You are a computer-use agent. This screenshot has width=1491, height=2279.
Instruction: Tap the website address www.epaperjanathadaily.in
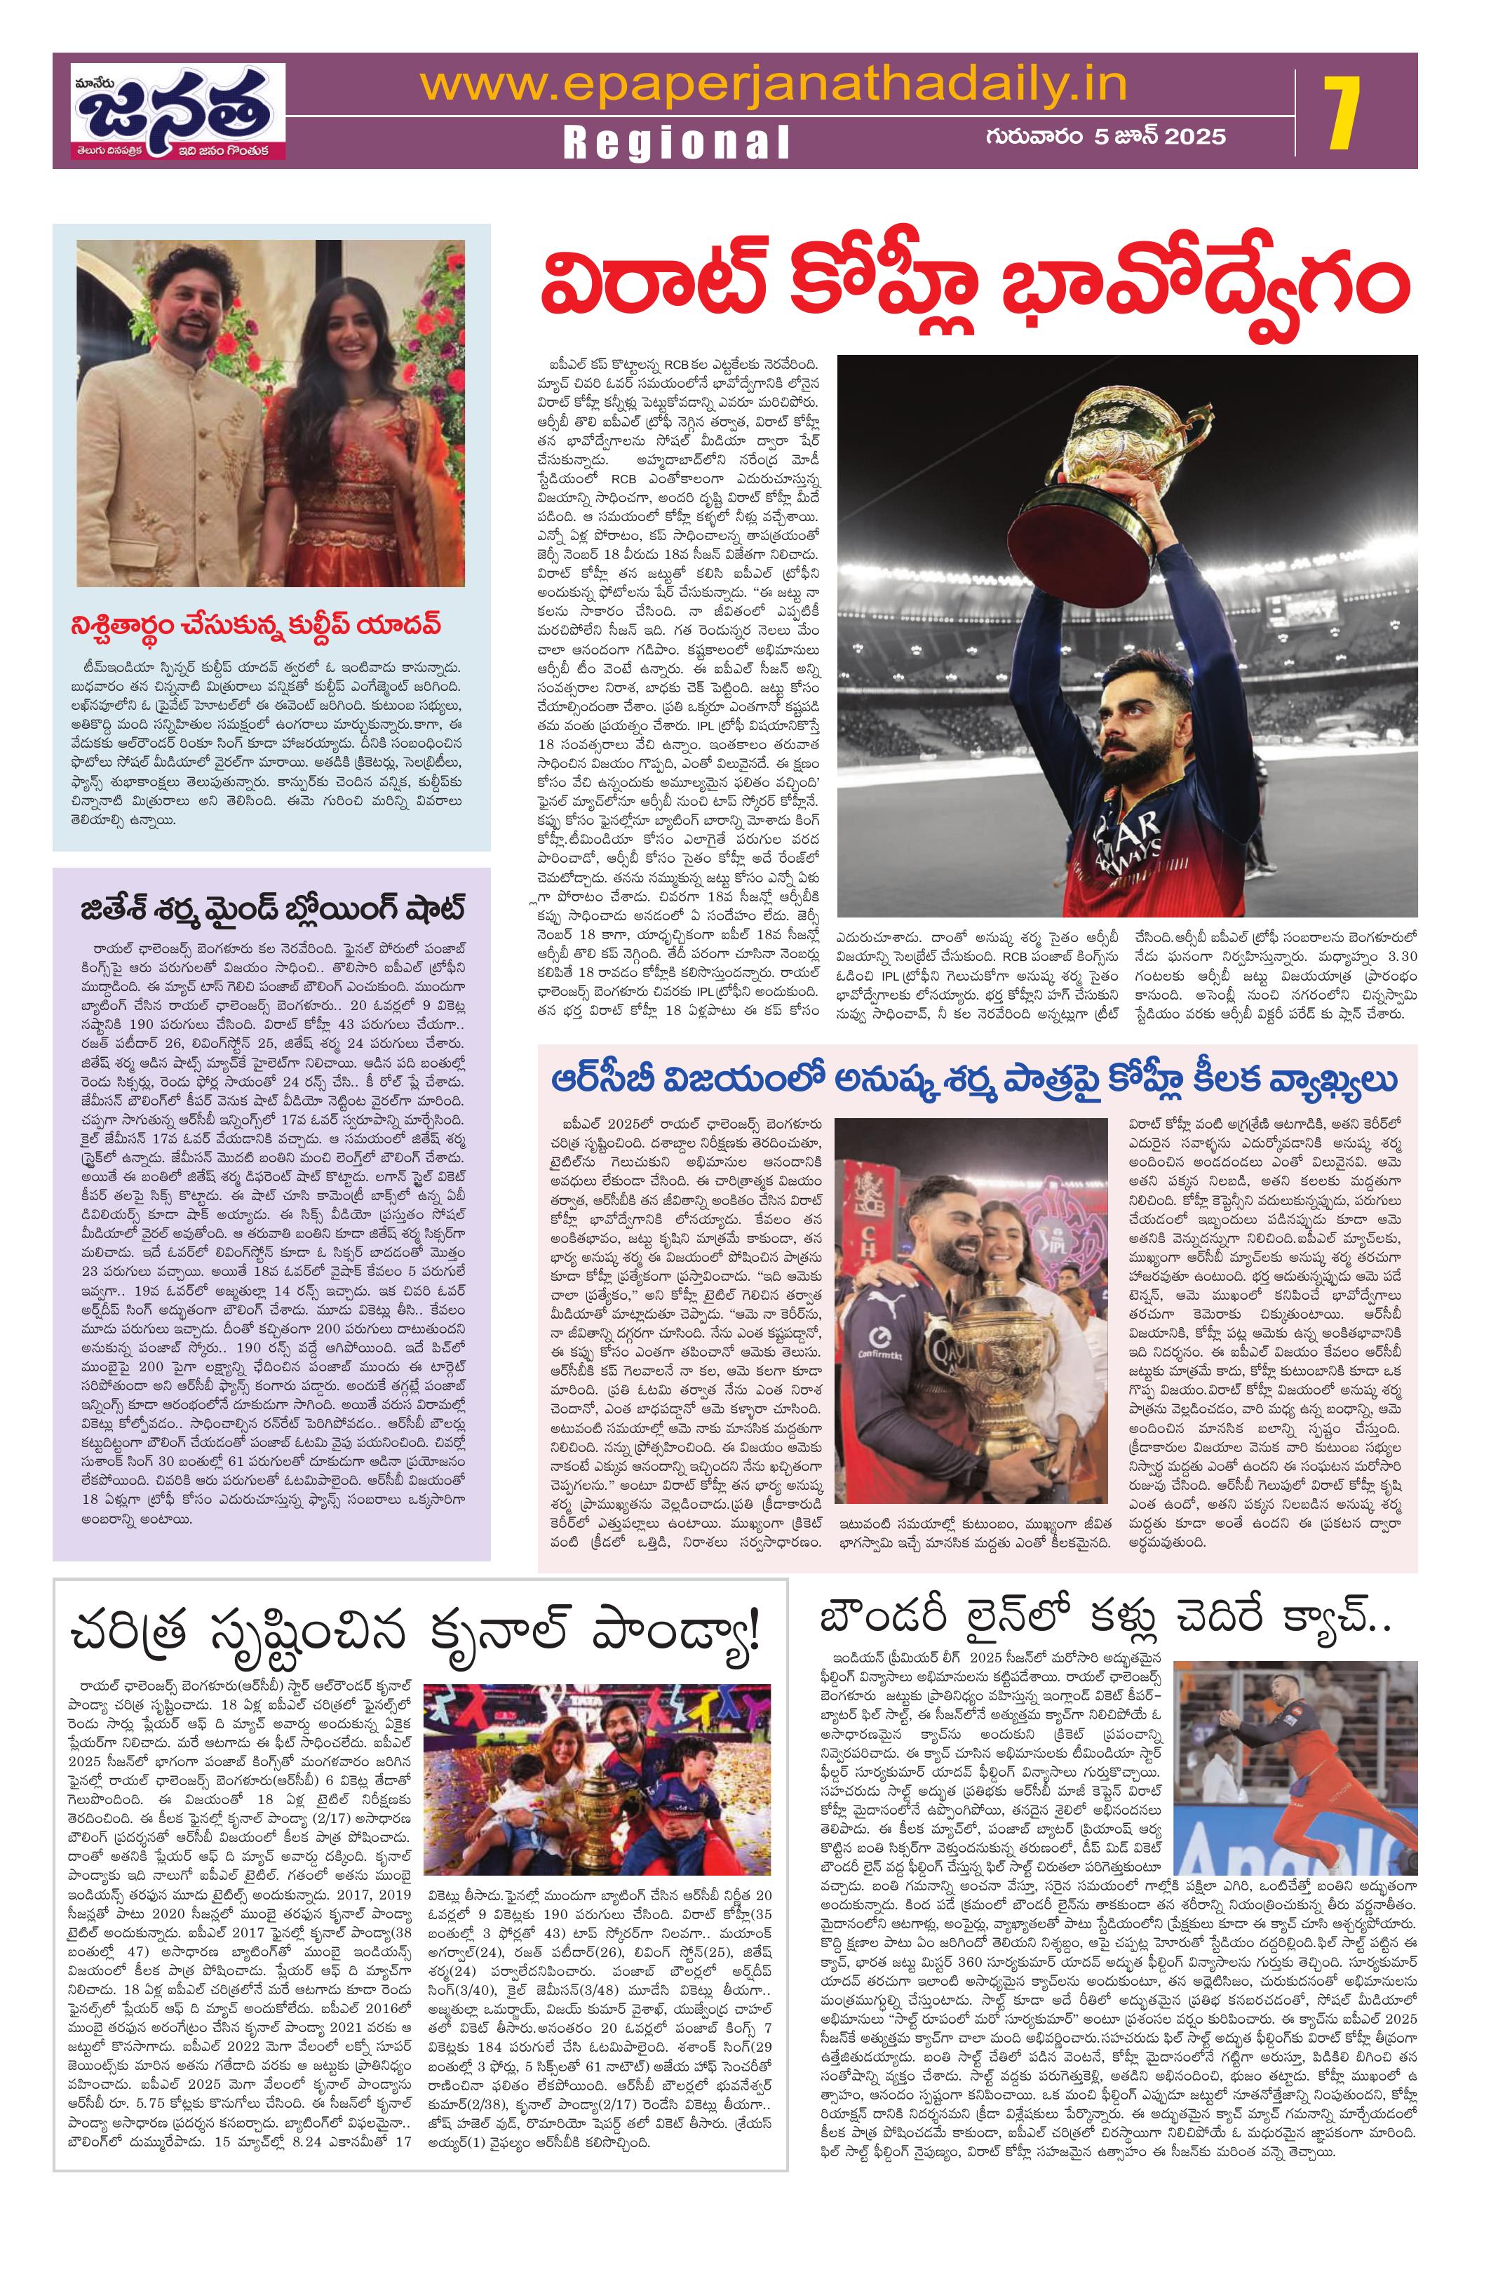pos(772,84)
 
